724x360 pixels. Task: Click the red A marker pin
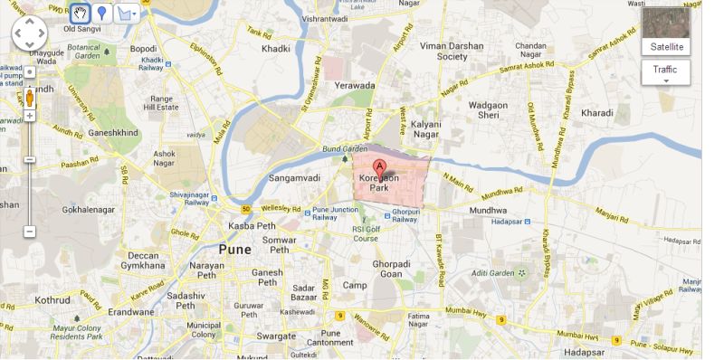[x=380, y=167]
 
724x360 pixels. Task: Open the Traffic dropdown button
[x=665, y=72]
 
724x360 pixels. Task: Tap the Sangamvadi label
[x=291, y=178]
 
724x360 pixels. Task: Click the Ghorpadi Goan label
[x=392, y=268]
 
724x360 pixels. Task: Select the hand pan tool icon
[x=81, y=14]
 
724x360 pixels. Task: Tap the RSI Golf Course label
[x=365, y=233]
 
